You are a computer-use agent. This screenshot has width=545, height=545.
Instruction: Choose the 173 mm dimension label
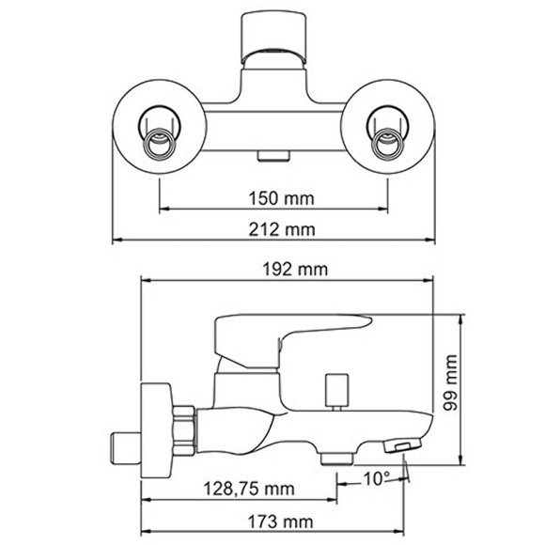click(282, 521)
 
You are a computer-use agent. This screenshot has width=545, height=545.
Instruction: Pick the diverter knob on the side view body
click(335, 388)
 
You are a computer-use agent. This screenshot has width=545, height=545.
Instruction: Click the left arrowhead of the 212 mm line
click(117, 241)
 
